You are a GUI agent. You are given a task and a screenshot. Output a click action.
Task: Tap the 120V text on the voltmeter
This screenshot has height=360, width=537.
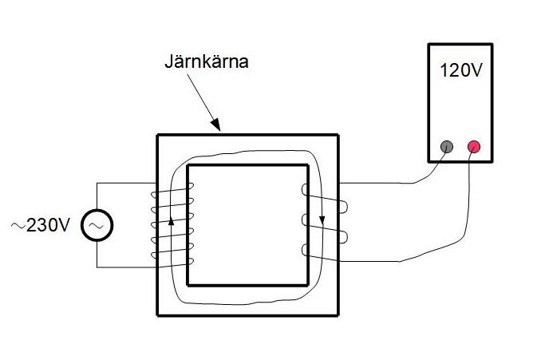(x=460, y=69)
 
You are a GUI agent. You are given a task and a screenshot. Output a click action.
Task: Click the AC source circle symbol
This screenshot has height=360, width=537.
(x=97, y=226)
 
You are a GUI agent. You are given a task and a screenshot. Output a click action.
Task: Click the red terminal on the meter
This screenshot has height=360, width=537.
(x=473, y=146)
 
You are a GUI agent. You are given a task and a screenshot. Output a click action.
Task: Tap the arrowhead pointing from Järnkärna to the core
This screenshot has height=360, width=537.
(x=215, y=125)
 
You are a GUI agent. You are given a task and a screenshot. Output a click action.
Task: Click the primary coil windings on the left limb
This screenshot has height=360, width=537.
(x=171, y=227)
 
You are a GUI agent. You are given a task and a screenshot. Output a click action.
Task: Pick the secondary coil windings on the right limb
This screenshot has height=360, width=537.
(x=322, y=224)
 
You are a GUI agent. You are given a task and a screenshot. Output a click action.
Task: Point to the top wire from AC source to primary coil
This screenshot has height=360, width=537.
(x=120, y=183)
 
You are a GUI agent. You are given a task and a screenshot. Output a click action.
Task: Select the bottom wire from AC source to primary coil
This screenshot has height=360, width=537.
(x=120, y=267)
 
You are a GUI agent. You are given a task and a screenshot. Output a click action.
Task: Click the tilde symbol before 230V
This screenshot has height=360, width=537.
(x=17, y=226)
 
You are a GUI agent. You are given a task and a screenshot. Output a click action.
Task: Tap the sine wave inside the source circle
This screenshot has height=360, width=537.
(x=97, y=227)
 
